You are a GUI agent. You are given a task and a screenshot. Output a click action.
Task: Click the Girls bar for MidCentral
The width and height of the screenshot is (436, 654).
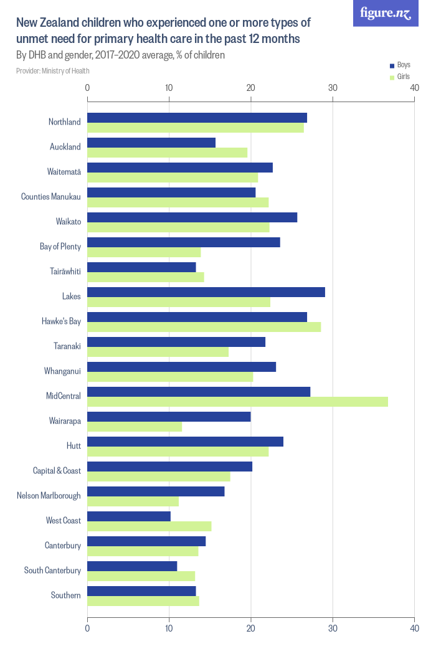click(x=237, y=402)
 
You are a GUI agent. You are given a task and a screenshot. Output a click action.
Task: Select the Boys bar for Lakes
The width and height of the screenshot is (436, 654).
click(x=206, y=292)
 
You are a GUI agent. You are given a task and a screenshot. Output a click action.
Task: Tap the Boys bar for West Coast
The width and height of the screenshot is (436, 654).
click(x=128, y=516)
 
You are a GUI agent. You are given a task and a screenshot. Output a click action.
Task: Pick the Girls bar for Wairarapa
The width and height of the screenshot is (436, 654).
click(x=134, y=427)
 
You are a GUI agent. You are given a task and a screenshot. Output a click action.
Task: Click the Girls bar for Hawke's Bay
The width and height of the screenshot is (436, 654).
click(x=204, y=327)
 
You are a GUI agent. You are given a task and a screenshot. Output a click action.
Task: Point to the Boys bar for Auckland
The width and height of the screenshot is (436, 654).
click(x=151, y=143)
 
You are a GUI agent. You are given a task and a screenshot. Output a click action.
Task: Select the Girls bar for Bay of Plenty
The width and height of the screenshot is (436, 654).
click(x=144, y=252)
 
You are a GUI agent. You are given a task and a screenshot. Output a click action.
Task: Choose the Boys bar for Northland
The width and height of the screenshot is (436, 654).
click(x=197, y=118)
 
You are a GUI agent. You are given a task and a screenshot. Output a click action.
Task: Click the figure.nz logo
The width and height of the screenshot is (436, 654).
click(x=386, y=13)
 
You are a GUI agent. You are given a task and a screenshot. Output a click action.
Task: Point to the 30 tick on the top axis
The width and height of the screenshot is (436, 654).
click(x=333, y=88)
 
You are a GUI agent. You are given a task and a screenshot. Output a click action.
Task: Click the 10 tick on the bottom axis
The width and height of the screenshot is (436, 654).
click(x=169, y=628)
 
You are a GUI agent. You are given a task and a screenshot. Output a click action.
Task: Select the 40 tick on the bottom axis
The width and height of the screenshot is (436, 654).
click(x=414, y=628)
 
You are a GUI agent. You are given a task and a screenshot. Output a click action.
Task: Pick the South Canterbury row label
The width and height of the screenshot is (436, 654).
click(x=52, y=571)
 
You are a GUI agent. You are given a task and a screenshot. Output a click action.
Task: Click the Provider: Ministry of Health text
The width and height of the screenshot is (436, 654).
click(x=53, y=71)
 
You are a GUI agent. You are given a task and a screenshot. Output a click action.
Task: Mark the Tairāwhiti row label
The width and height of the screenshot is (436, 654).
click(x=65, y=272)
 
